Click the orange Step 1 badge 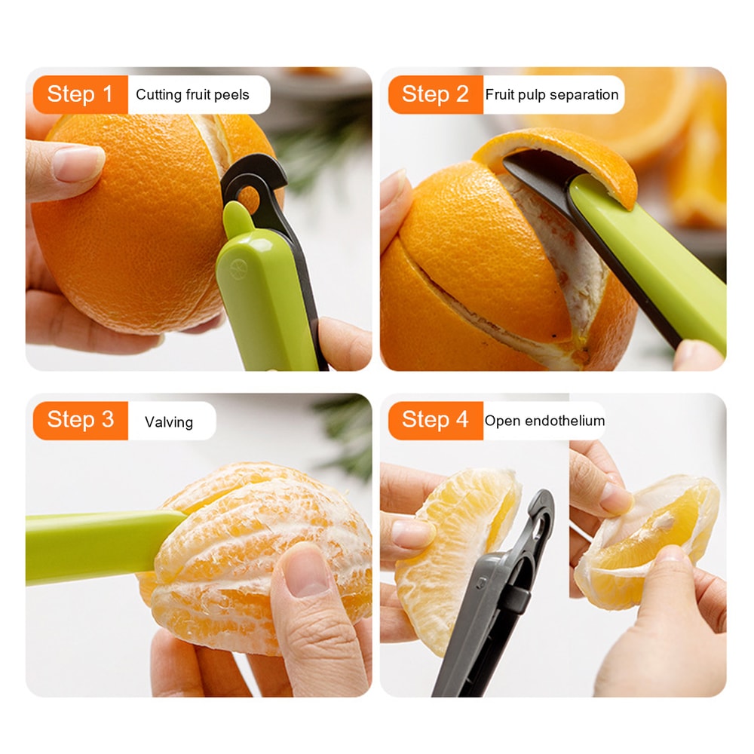click(x=80, y=94)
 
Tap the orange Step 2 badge click(x=435, y=94)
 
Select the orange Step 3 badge click(x=80, y=420)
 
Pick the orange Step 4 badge click(x=435, y=420)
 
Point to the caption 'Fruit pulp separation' click(x=552, y=95)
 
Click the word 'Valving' click(x=169, y=422)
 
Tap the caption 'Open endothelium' click(x=544, y=421)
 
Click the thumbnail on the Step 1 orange click(x=79, y=164)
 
